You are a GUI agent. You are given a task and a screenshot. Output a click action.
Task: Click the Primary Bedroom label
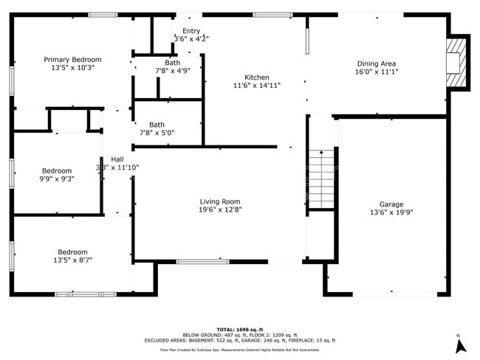72,60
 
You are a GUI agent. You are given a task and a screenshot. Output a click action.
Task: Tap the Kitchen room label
257,77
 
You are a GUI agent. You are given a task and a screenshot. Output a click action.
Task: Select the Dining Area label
377,64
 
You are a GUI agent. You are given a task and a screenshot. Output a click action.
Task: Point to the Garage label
391,204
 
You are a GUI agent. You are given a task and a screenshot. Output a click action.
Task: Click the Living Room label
220,201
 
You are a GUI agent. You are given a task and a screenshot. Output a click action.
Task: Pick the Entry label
191,31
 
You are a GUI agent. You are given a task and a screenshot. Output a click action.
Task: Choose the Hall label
117,159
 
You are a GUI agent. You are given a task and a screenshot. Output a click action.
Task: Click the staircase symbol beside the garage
321,179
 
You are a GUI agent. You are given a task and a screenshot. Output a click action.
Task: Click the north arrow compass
460,343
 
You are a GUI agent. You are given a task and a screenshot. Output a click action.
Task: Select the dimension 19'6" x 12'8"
220,210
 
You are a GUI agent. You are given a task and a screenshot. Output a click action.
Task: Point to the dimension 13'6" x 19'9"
391,212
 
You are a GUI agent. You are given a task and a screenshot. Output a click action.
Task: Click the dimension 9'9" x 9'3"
57,179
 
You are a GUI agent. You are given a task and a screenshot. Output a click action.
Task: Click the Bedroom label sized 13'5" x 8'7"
72,252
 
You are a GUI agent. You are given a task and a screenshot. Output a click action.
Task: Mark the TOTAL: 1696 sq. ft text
240,329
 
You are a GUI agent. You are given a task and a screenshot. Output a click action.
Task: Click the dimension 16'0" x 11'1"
377,72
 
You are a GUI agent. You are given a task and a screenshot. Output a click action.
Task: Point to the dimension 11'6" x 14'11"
257,86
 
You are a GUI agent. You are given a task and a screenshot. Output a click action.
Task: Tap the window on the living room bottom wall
202,261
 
